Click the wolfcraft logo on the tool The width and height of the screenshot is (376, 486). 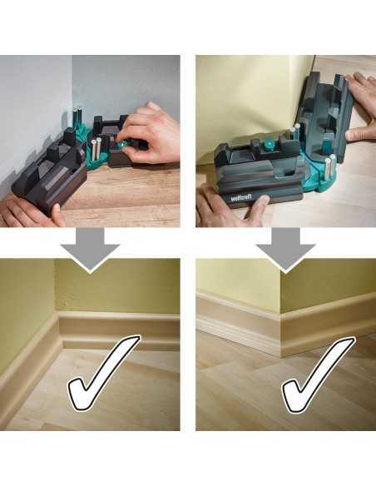(241, 196)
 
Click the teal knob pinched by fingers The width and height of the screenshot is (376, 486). (121, 145)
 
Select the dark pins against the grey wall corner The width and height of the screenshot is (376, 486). (77, 118)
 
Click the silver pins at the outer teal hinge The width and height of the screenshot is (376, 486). (330, 166)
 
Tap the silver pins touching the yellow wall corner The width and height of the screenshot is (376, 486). (295, 133)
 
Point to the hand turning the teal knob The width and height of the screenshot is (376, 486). (150, 136)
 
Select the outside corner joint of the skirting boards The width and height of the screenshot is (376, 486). (281, 335)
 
